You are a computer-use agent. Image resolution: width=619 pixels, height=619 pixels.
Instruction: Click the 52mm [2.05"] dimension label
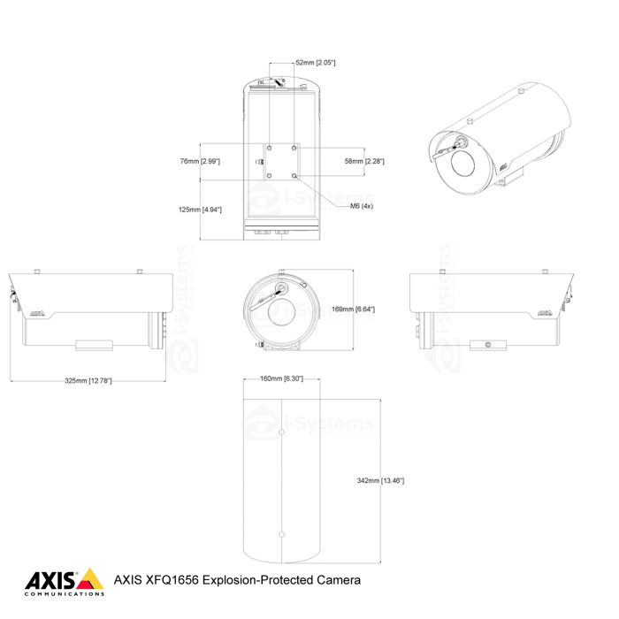(315, 63)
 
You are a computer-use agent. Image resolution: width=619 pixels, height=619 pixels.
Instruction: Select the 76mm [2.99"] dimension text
(200, 161)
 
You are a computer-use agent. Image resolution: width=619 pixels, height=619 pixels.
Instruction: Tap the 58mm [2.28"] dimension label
(363, 161)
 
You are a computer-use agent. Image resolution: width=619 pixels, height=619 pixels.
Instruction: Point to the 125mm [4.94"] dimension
(201, 210)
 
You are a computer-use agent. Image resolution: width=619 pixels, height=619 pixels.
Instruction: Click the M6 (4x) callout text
(362, 205)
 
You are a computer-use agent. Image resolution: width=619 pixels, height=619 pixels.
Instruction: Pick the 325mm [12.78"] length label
(88, 380)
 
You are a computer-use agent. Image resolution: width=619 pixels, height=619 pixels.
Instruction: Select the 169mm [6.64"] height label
(353, 309)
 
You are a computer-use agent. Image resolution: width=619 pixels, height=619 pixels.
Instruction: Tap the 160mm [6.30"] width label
(282, 378)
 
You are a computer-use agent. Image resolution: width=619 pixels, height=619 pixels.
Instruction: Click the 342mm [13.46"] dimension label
(380, 480)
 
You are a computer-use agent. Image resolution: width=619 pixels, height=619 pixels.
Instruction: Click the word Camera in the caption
(338, 581)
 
